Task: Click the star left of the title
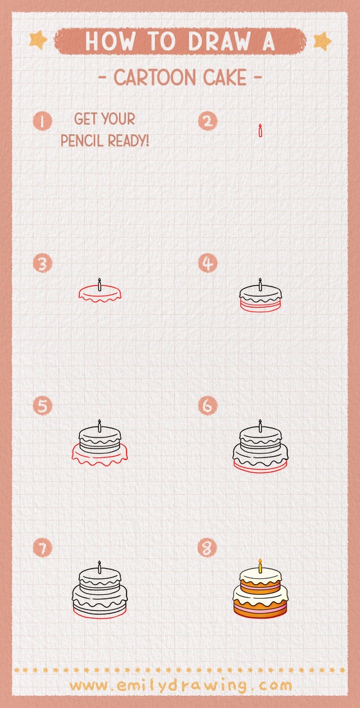click(39, 40)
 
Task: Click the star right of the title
click(321, 41)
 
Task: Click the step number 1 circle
click(42, 121)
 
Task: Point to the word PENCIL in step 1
click(84, 139)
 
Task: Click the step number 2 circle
click(208, 121)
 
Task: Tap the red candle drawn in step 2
click(260, 131)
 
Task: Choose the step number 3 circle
click(42, 263)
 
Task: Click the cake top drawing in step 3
click(100, 293)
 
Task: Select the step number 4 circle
click(208, 263)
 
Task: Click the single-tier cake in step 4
click(260, 298)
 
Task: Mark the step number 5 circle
click(42, 406)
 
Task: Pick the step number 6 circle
click(208, 406)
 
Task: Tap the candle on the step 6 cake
click(260, 425)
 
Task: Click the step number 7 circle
click(42, 548)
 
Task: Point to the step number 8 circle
click(208, 548)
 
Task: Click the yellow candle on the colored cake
click(260, 566)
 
